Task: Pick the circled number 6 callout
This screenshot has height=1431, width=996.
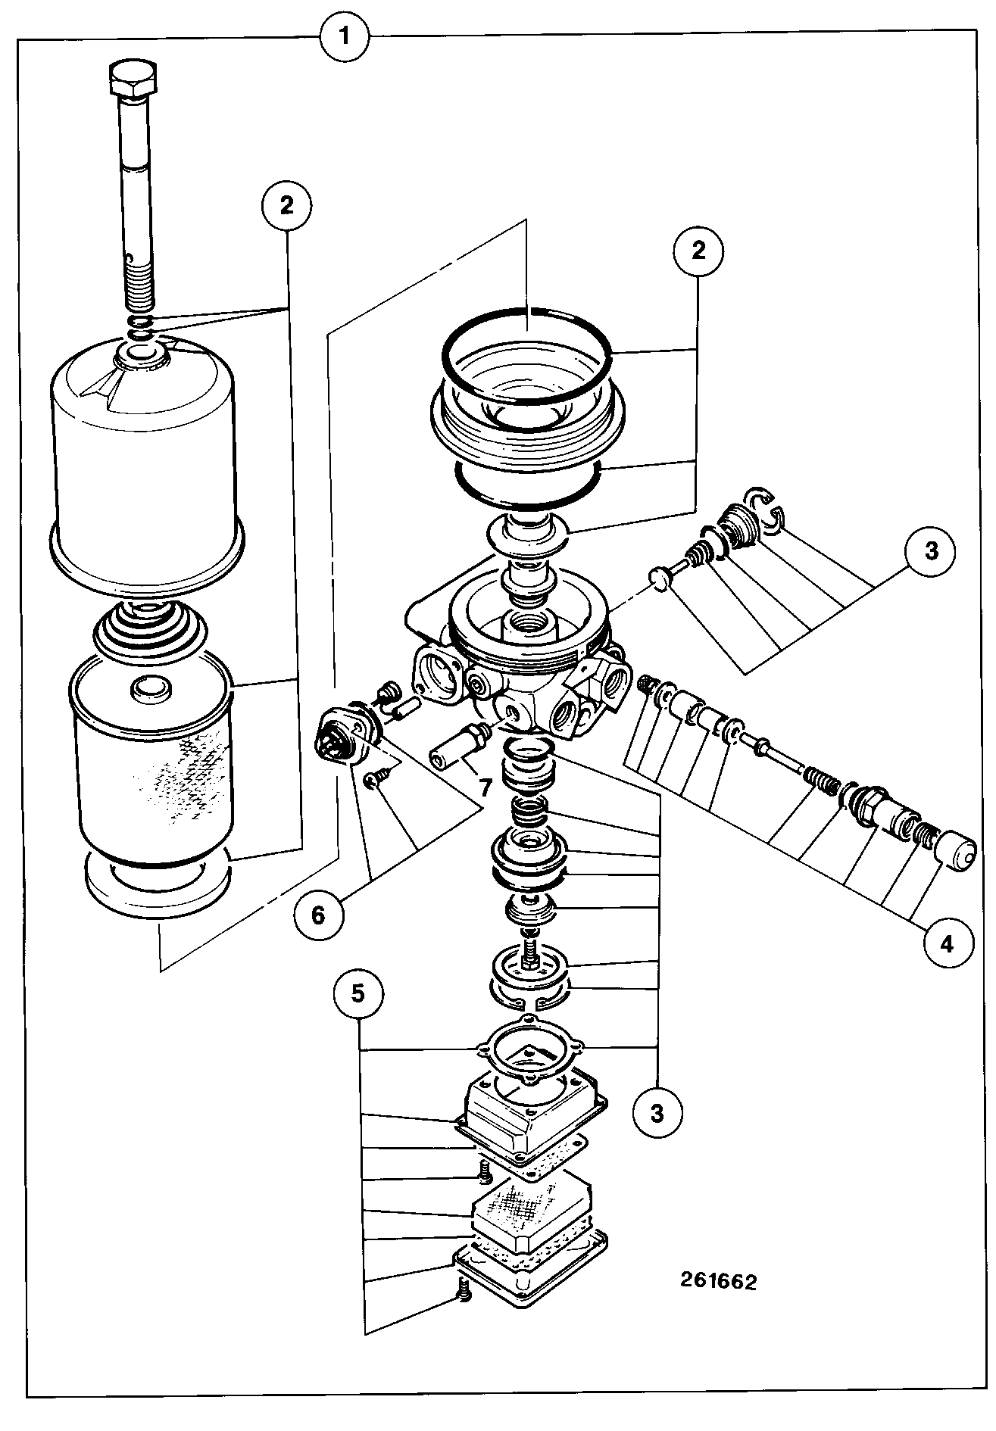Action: (x=317, y=915)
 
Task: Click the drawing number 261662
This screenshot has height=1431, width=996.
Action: (x=718, y=1281)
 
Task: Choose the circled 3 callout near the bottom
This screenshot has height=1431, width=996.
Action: (x=656, y=1113)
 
